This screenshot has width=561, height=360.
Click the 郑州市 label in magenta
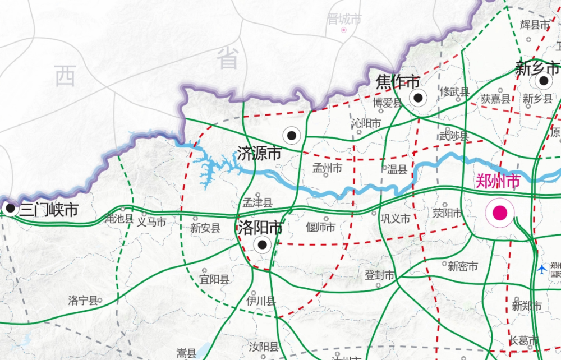pyautogui.click(x=498, y=181)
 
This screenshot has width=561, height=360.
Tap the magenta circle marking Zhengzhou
pyautogui.click(x=500, y=213)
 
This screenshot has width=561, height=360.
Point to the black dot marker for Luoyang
pyautogui.click(x=262, y=244)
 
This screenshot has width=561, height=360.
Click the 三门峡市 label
pyautogui.click(x=48, y=211)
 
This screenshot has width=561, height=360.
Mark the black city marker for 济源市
pyautogui.click(x=292, y=135)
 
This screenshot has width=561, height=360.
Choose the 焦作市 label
pyautogui.click(x=398, y=82)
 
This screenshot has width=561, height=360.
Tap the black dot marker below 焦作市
pyautogui.click(x=417, y=98)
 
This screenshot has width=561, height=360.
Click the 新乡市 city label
pyautogui.click(x=537, y=69)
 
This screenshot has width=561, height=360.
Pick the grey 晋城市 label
pyautogui.click(x=344, y=20)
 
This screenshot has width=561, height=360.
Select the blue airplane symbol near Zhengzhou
pyautogui.click(x=541, y=270)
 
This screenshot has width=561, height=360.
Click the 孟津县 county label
pyautogui.click(x=257, y=203)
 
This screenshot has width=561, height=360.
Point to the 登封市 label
pyautogui.click(x=380, y=275)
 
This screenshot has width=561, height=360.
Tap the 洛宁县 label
pyautogui.click(x=82, y=300)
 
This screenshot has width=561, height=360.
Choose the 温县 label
pyautogui.click(x=397, y=169)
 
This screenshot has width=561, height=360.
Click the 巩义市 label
pyautogui.click(x=395, y=218)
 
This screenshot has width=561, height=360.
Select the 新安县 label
pyautogui.click(x=205, y=228)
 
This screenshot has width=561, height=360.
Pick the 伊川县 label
pyautogui.click(x=261, y=301)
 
